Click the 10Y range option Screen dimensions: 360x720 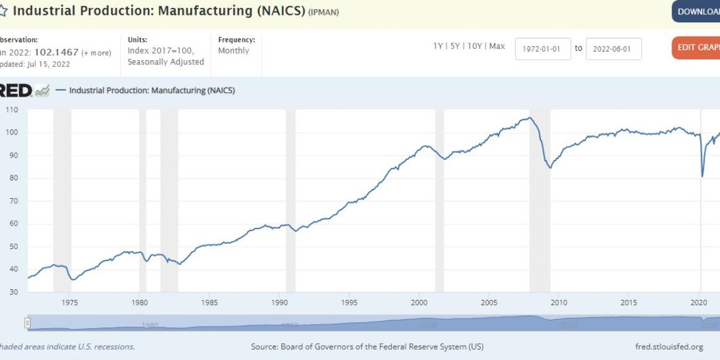coord(475,46)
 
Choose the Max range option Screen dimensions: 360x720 coord(497,46)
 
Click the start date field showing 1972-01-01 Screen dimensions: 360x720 coord(543,49)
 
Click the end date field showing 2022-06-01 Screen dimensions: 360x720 coord(613,49)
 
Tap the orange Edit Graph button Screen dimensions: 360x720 coord(696,48)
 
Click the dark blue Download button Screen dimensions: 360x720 coord(696,12)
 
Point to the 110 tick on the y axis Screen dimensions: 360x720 coord(12,110)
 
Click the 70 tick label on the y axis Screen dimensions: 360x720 coord(12,201)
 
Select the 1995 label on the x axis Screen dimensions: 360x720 coord(349,302)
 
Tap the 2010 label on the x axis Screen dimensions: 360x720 coord(560,302)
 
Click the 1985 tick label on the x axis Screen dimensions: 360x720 coord(209,302)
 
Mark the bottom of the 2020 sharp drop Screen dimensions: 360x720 coord(702,177)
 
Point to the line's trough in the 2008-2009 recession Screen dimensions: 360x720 coord(550,168)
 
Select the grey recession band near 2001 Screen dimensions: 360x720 coord(439,198)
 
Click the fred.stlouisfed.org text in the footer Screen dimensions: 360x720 coord(669,346)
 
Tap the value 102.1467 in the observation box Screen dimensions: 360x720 coord(56,52)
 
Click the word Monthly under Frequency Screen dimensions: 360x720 coord(234,51)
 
